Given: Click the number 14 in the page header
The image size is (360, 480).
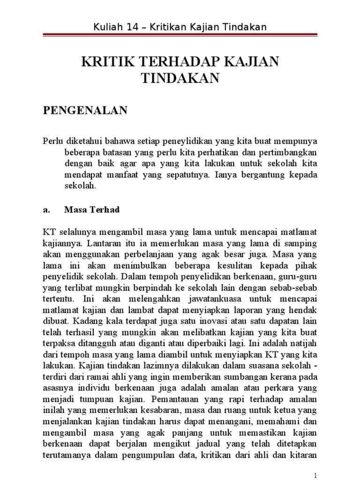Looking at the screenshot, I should (x=138, y=28).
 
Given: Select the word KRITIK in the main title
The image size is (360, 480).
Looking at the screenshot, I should (x=105, y=62).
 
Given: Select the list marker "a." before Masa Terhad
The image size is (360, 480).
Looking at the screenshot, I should (x=47, y=210).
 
